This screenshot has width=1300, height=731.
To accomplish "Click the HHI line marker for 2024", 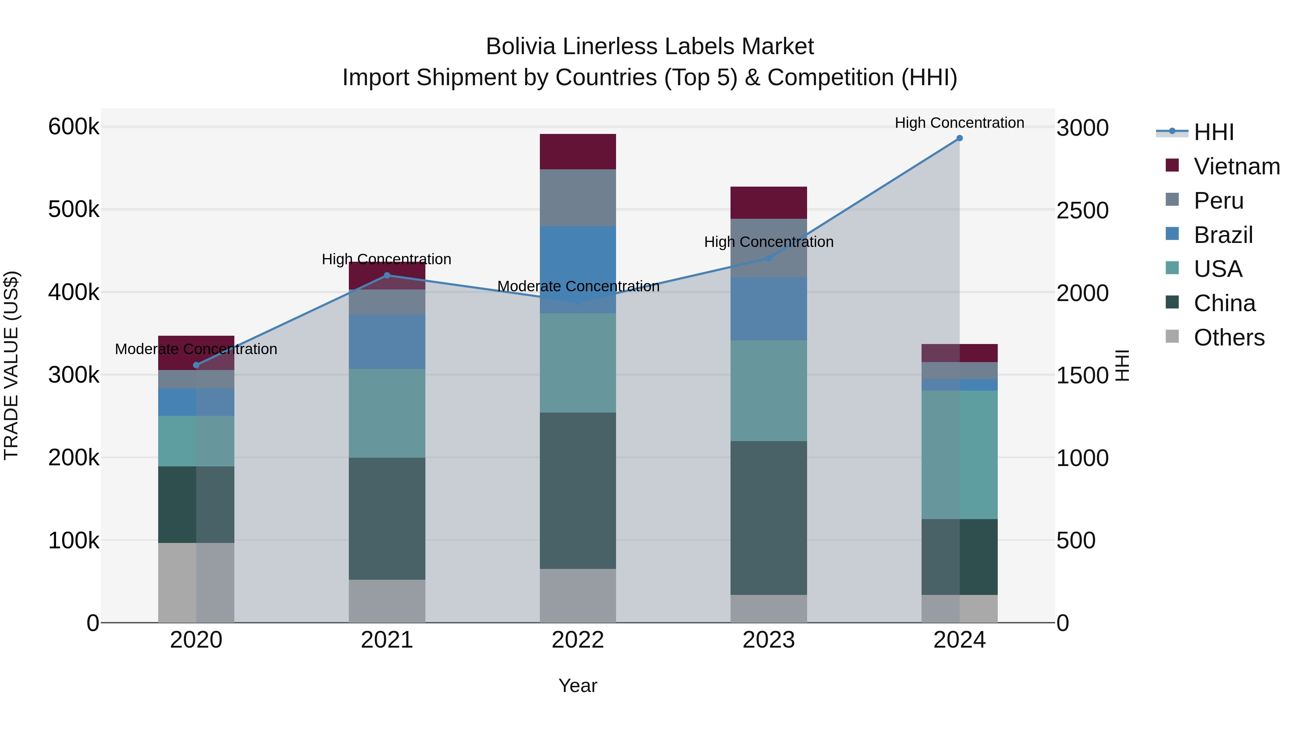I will (959, 138).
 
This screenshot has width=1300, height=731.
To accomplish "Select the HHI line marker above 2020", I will (196, 365).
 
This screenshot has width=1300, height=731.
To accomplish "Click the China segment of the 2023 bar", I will (768, 518).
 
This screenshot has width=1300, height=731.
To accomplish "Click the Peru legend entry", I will (1218, 201).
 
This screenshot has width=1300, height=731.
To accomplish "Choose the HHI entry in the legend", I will (1213, 132).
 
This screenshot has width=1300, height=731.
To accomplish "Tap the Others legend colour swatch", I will (1172, 336).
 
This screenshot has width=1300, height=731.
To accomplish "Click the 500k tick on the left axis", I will (74, 209).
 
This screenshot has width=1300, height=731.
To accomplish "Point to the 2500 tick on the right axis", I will (1083, 210).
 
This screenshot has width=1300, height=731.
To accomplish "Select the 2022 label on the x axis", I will (578, 640).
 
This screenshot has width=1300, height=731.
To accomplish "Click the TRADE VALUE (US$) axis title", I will (11, 365).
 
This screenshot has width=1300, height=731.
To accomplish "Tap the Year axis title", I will (578, 686).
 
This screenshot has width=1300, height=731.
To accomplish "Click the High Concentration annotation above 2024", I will (959, 123).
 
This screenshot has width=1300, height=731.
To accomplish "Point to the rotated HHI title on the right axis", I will (1121, 365).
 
